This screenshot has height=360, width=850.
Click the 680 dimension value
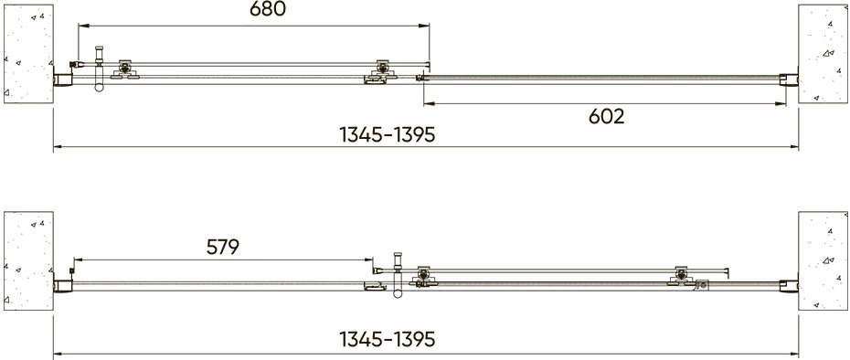(x=267, y=9)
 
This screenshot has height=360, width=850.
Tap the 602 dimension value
(x=607, y=117)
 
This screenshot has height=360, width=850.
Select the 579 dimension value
(x=223, y=248)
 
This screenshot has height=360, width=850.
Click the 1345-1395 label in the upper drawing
(x=387, y=134)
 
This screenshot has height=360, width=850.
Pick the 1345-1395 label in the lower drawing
(x=387, y=339)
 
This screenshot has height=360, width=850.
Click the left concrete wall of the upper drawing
(x=28, y=54)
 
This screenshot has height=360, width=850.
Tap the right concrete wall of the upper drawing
(x=823, y=54)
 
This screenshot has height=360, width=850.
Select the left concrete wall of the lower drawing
(x=28, y=260)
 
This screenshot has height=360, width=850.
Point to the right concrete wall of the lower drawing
(x=823, y=260)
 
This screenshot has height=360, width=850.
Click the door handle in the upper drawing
(x=99, y=69)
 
